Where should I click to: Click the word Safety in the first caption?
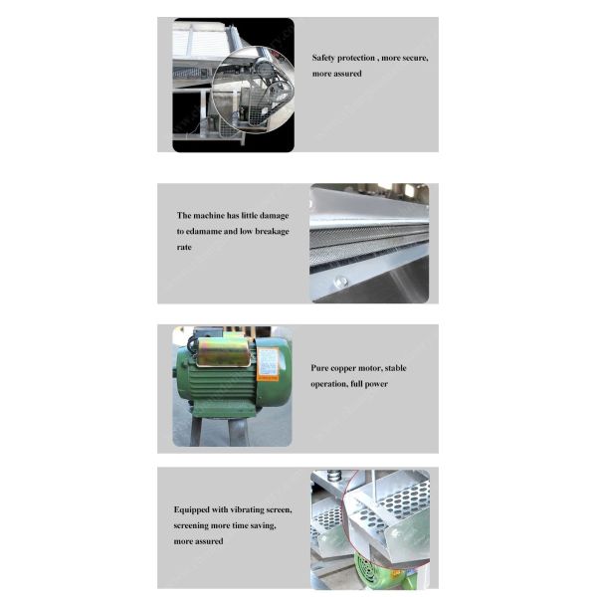[325, 58]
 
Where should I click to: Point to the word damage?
[270, 215]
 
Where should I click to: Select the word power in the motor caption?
[376, 384]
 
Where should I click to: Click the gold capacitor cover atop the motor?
[225, 350]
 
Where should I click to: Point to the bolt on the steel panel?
[341, 283]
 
